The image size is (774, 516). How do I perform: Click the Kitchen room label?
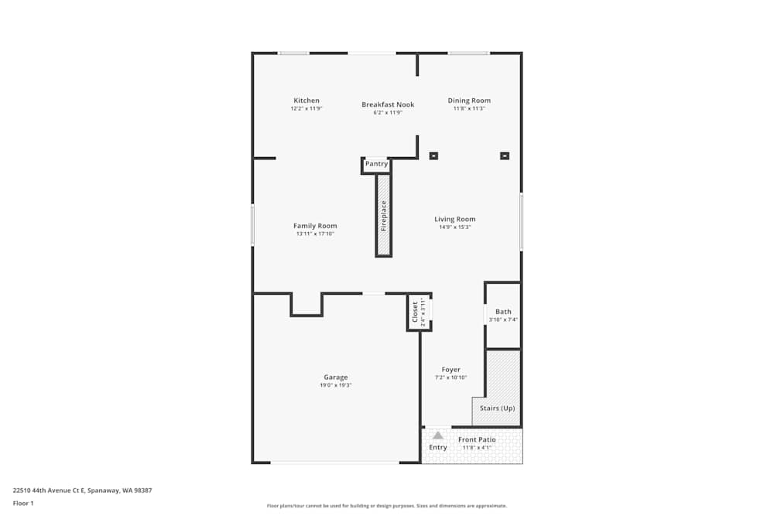point(306,101)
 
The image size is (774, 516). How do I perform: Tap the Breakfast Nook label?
point(388,104)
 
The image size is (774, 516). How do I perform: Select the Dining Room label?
point(469,101)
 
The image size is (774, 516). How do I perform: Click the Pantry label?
point(376,164)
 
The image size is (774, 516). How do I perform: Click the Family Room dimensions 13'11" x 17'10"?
point(315,234)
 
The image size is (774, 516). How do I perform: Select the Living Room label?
point(454,219)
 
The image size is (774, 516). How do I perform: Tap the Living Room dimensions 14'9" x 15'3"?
point(454,227)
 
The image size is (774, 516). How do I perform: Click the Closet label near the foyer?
point(415,313)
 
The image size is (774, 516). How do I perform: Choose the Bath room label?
point(503,312)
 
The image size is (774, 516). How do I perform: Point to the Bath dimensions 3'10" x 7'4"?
point(503,320)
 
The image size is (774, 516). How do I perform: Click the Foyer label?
point(450,370)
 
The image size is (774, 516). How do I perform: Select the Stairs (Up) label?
point(497,408)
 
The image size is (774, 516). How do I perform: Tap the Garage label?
point(335,378)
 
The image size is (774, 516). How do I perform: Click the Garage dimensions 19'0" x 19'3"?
point(335,385)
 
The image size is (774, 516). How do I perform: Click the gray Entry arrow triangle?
point(438,436)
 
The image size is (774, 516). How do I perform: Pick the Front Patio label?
point(478,439)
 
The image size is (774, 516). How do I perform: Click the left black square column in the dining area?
point(433,155)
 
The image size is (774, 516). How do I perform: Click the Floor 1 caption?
point(23,503)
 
